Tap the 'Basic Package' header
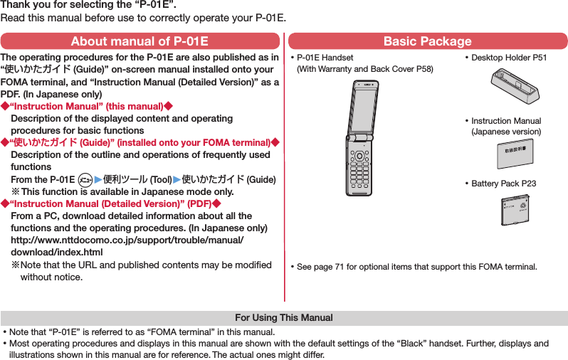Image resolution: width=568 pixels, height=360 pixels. (427, 41)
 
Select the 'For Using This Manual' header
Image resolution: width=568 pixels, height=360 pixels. (284, 317)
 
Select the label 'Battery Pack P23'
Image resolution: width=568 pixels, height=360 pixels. (503, 184)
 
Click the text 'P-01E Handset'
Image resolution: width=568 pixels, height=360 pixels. (325, 58)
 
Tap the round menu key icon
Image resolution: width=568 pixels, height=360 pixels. (85, 179)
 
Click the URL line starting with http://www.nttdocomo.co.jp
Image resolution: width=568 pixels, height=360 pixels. (128, 240)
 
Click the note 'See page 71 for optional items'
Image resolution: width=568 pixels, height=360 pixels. (416, 267)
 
